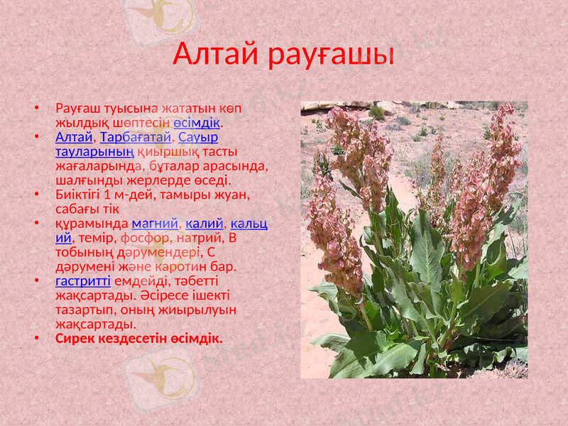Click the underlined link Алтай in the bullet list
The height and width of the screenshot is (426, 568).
[74, 136]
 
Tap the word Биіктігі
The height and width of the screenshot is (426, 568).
[80, 195]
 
